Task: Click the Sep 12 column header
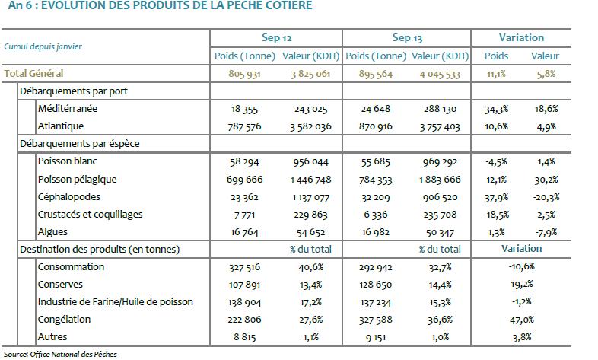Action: coord(275,37)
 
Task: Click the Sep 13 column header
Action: coord(407,37)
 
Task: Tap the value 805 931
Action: coord(245,74)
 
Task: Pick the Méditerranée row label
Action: coord(67,109)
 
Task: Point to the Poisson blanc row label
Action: coord(67,161)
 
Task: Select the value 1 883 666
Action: coord(439,179)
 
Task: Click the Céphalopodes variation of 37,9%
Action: coord(496,196)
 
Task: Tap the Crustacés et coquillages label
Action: coord(90,214)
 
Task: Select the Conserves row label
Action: coord(59,285)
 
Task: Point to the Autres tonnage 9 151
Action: coord(374,337)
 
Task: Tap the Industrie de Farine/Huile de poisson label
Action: coord(115,302)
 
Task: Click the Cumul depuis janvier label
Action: coord(43,46)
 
